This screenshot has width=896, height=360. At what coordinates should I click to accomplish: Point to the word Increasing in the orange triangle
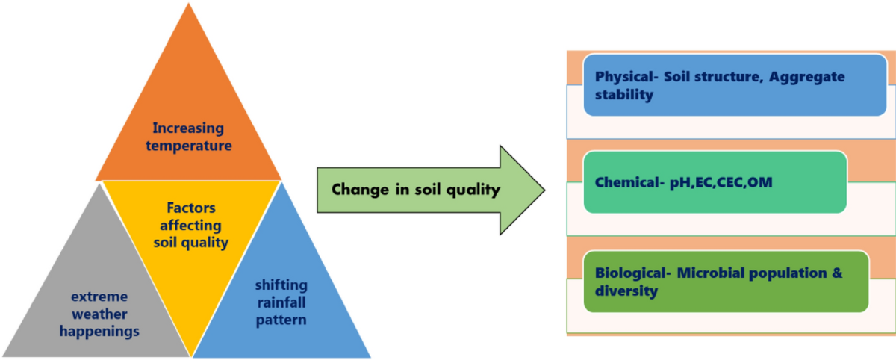188,128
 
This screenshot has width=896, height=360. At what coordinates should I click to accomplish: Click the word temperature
188,146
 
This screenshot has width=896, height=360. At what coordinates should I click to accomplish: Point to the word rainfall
281,303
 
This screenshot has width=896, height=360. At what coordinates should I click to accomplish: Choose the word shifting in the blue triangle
281,286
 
